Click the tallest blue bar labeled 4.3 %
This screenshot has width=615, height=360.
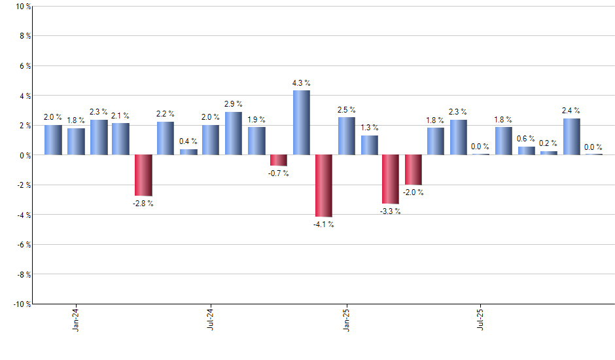tap(301, 122)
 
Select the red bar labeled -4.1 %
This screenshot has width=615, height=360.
tap(324, 186)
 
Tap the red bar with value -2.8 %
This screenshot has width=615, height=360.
tap(143, 175)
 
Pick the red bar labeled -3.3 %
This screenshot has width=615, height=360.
tap(391, 179)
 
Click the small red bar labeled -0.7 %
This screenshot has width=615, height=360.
tap(279, 160)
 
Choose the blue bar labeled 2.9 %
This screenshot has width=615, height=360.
tap(234, 134)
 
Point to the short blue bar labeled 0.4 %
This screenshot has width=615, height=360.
tap(188, 152)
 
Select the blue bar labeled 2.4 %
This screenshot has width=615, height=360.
tap(571, 137)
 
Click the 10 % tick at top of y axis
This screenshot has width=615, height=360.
tap(23, 7)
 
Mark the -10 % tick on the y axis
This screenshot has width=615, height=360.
tap(22, 304)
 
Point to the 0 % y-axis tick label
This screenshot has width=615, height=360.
tap(25, 155)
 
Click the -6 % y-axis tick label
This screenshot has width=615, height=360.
tap(24, 245)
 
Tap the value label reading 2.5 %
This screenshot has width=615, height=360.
tap(346, 110)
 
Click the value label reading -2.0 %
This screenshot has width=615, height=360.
tap(413, 192)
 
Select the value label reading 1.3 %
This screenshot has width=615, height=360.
tap(369, 128)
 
